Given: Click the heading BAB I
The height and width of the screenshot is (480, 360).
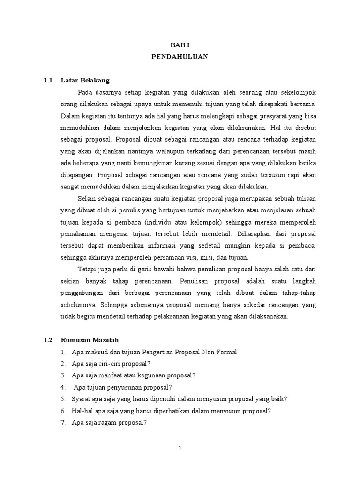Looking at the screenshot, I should pos(180,45).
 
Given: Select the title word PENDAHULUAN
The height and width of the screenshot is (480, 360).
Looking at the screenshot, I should pos(180,57).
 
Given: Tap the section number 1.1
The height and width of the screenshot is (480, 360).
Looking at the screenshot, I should pos(47,80).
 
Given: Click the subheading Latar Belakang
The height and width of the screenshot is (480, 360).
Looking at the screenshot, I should pos(85,80).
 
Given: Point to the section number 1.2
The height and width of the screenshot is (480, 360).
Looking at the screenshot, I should pos(47,340).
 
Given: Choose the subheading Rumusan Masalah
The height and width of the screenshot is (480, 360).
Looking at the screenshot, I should pos(91,340).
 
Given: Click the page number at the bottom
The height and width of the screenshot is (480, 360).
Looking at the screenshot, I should pos(180,448).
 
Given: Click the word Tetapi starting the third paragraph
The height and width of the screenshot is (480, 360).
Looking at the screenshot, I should pos(88,269).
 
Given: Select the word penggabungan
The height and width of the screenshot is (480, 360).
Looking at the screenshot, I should pos(82,292).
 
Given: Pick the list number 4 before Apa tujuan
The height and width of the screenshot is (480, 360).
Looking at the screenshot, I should pos(62,387).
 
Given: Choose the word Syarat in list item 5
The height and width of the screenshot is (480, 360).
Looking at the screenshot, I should pos(81,399).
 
